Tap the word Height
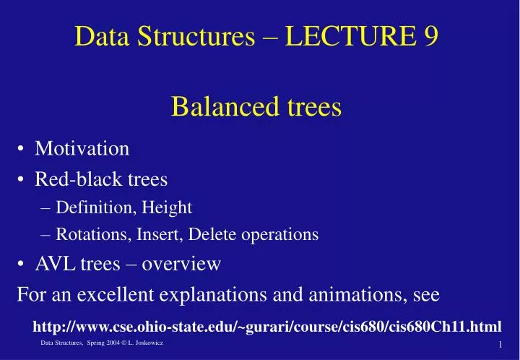[x=168, y=208]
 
